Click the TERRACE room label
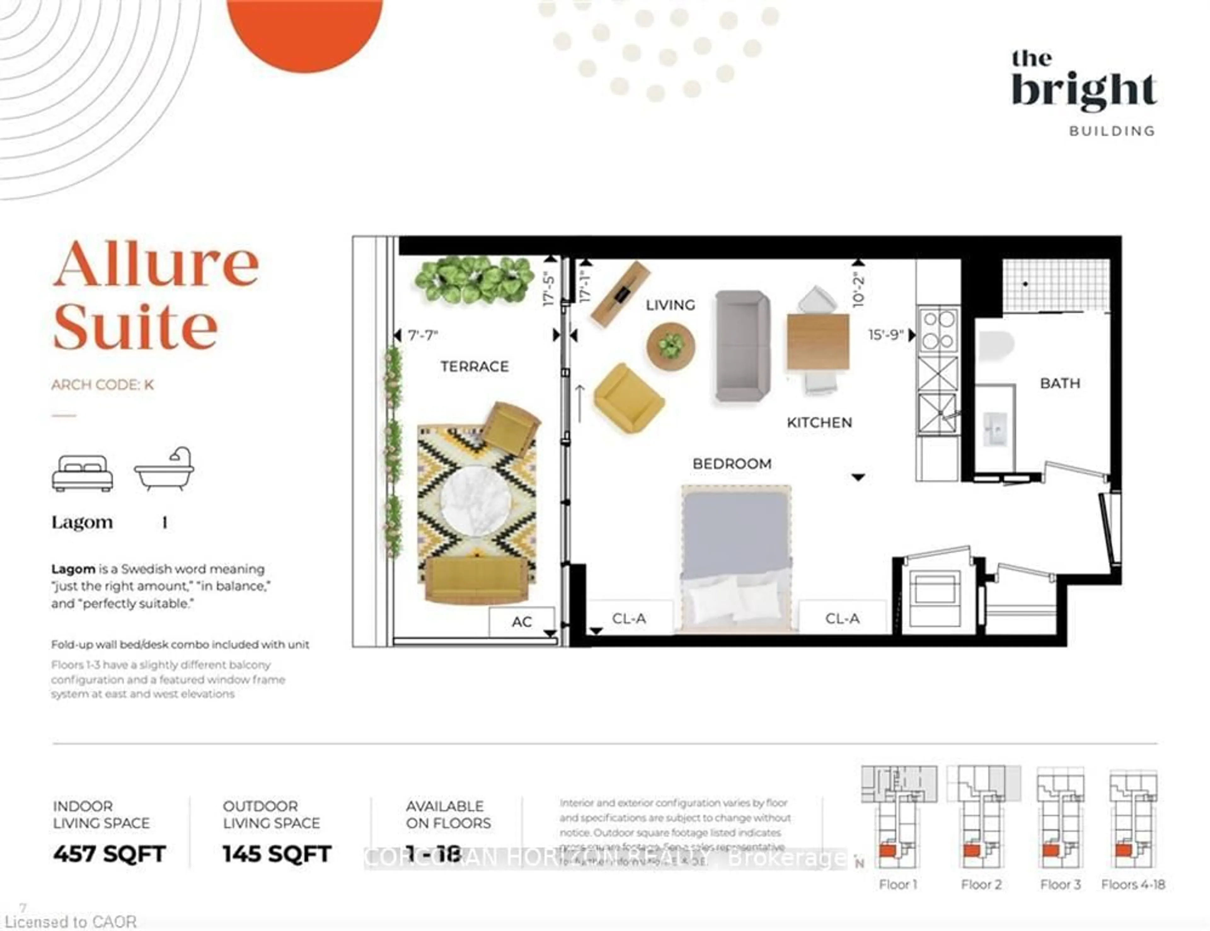[474, 366]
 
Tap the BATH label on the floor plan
[1059, 383]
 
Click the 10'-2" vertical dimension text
[858, 289]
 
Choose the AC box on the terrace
[521, 621]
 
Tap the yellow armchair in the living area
[628, 397]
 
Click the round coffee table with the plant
[670, 347]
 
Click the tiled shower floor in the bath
[1055, 285]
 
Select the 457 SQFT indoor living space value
[109, 853]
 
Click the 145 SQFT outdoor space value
[276, 853]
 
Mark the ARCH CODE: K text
[102, 384]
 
